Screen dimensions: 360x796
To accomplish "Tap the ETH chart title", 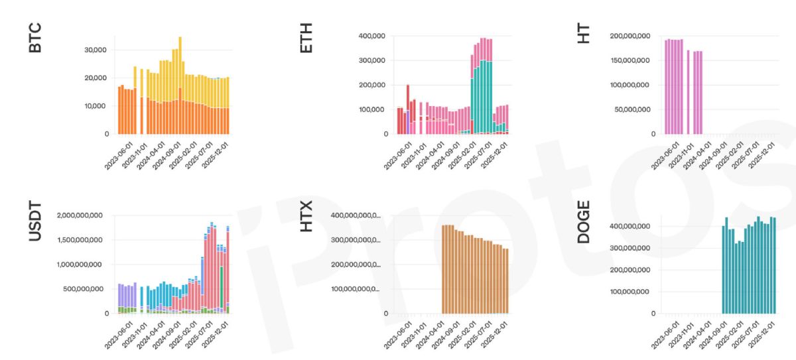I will [x=306, y=37].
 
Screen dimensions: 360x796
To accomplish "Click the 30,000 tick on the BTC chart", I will [x=96, y=50].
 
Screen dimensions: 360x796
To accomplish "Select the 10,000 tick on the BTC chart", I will [x=96, y=106].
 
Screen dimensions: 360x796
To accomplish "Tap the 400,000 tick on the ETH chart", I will [x=371, y=35].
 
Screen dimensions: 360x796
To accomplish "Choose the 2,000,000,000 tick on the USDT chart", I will [x=79, y=215].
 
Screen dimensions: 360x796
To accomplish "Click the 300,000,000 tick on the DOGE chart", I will [x=630, y=248].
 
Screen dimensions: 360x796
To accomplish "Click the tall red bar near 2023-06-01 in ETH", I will [x=407, y=109].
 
